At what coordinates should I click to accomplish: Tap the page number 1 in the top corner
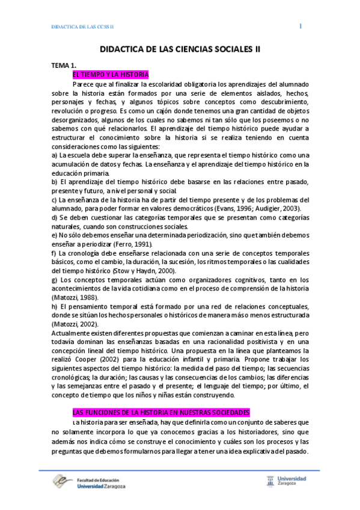point(301,26)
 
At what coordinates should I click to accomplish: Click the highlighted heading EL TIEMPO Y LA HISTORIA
point(110,75)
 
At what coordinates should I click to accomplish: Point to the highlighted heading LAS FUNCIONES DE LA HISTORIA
point(160,413)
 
